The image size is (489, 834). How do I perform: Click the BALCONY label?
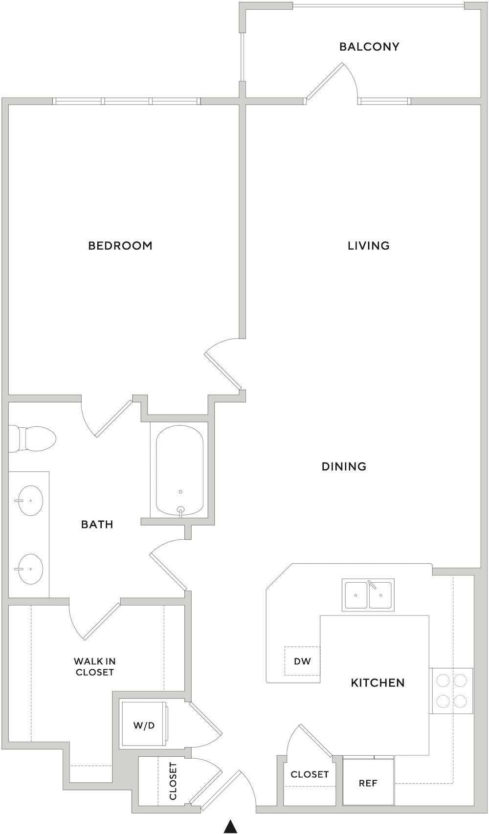369,46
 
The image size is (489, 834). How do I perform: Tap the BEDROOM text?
120,246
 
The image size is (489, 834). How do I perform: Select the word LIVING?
368,246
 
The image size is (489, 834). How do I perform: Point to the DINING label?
344,466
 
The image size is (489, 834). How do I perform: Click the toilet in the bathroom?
32,439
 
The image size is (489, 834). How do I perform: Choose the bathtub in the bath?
179,470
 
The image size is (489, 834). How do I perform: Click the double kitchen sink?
368,594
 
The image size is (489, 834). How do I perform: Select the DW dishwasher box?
302,661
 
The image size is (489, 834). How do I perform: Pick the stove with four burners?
451,691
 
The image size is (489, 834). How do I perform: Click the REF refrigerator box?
368,783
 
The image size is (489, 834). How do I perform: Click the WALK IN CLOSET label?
94,666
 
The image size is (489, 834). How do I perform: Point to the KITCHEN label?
378,682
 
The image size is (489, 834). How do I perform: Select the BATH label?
97,524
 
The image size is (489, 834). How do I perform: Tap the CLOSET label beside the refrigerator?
310,774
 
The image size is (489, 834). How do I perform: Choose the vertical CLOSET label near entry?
173,780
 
